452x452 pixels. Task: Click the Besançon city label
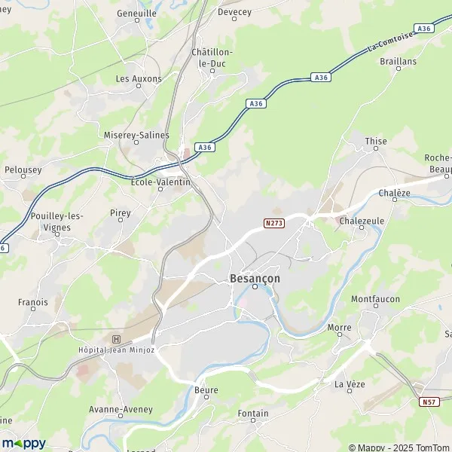click(254, 278)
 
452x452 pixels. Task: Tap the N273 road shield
click(273, 224)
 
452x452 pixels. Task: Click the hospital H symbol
click(115, 339)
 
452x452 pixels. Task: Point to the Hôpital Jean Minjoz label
click(115, 350)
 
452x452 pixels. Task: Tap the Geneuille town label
click(136, 14)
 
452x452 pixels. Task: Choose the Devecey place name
click(234, 12)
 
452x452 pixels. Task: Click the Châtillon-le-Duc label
click(212, 57)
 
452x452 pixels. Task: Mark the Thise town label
click(375, 141)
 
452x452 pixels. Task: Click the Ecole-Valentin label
click(160, 182)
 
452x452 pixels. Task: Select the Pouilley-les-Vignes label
click(57, 221)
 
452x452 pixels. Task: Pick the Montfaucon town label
click(375, 299)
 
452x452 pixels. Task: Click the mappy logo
click(24, 442)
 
